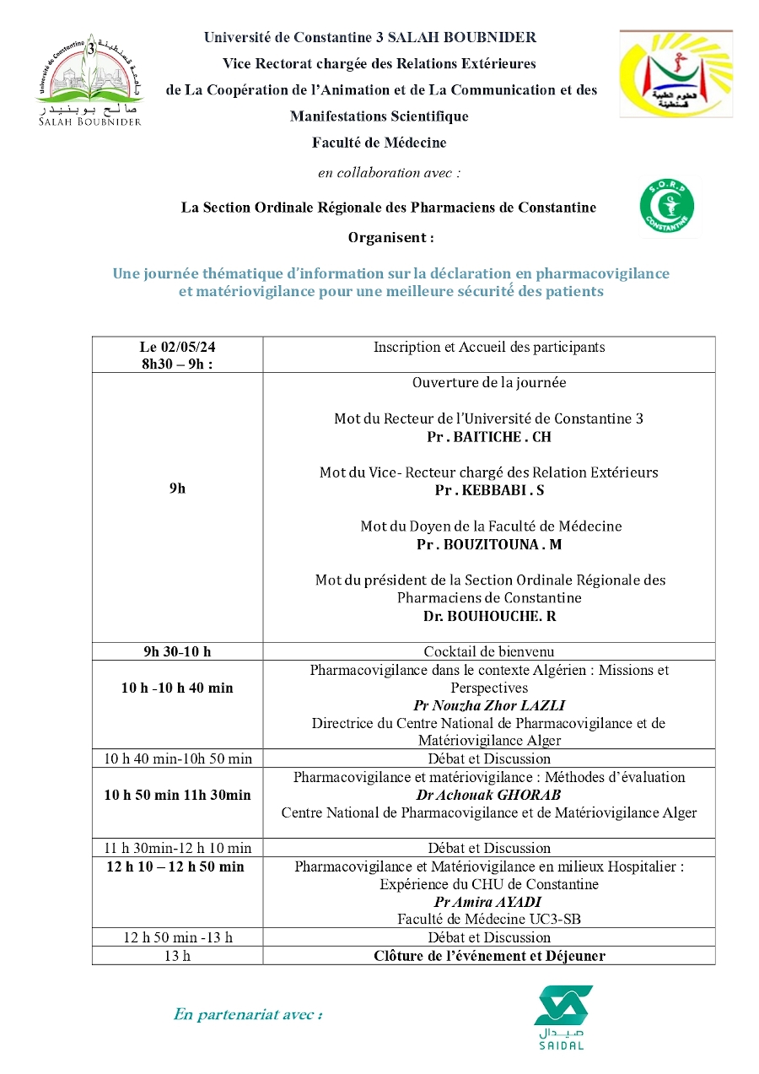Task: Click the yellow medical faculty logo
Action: [676, 73]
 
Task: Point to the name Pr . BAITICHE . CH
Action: [488, 437]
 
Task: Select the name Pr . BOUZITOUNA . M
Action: [488, 544]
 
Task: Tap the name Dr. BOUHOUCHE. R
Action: [489, 616]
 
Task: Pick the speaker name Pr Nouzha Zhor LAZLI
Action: [488, 705]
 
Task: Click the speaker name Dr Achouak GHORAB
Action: [488, 795]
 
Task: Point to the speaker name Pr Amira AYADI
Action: [488, 902]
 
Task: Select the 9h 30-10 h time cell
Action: [177, 651]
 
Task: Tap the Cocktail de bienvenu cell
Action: [488, 651]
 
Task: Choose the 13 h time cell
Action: [177, 956]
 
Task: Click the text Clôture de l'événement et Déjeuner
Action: [489, 956]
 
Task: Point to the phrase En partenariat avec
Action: [248, 1014]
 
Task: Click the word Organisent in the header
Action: [390, 238]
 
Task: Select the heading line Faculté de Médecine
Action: [379, 143]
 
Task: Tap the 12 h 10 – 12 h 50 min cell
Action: [175, 866]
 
